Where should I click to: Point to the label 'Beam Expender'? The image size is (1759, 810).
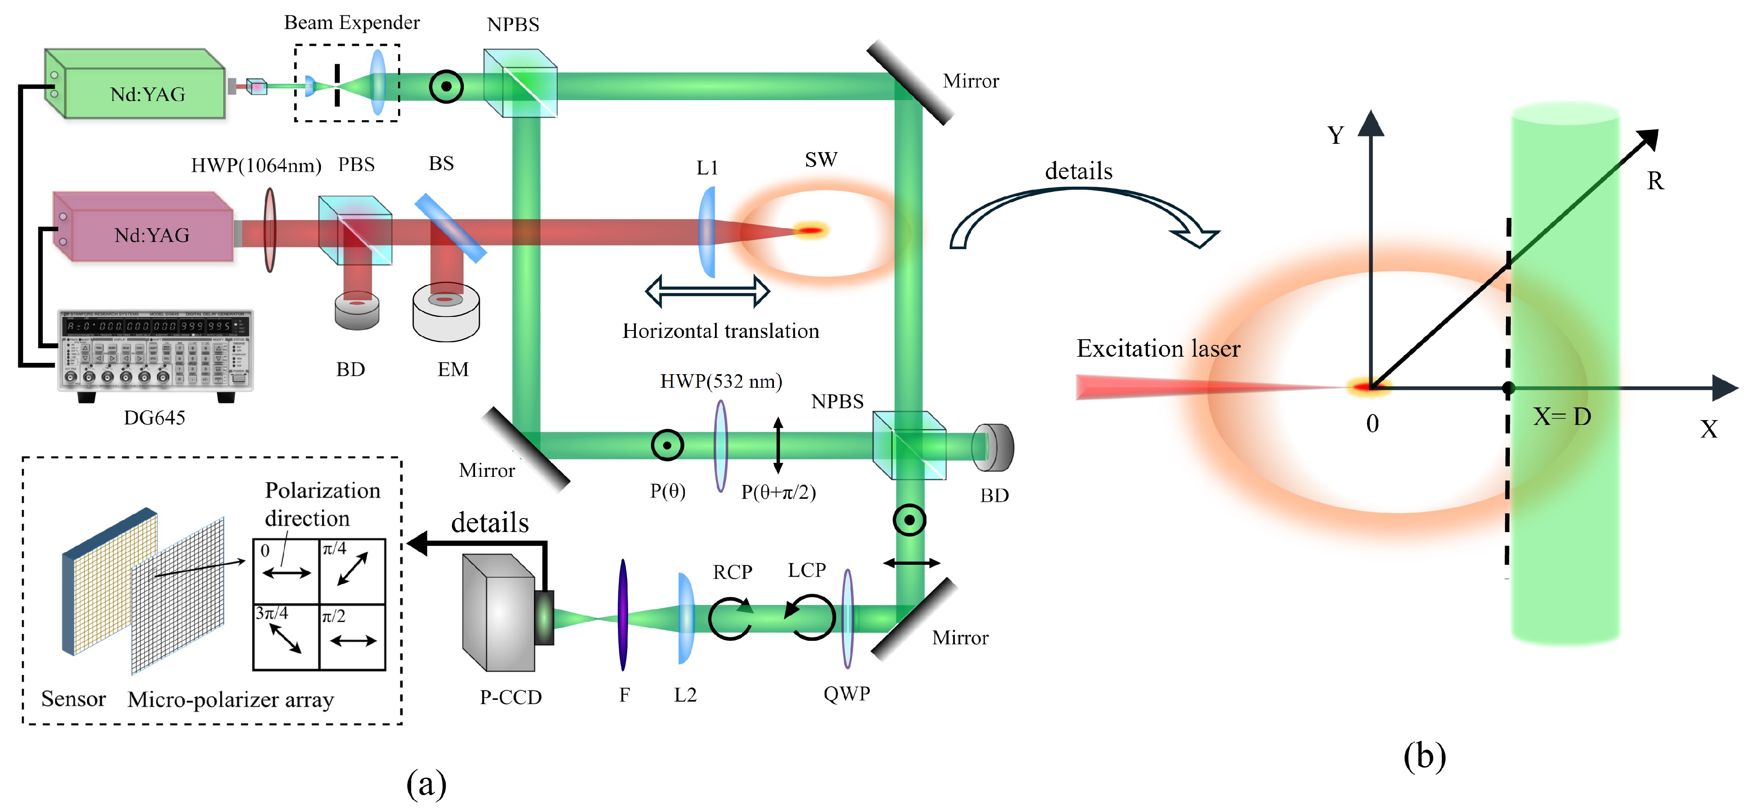click(352, 23)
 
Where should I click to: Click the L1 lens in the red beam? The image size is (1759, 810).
click(708, 232)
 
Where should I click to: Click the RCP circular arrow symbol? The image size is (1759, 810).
click(731, 617)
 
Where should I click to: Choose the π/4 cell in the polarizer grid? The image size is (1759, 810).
click(352, 570)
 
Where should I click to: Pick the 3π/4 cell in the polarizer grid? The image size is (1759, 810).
click(285, 636)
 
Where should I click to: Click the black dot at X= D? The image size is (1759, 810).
click(1509, 388)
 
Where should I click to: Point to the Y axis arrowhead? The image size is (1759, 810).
click(1370, 123)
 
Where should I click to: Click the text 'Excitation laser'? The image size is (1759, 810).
click(1158, 348)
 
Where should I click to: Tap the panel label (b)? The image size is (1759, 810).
click(1424, 756)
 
